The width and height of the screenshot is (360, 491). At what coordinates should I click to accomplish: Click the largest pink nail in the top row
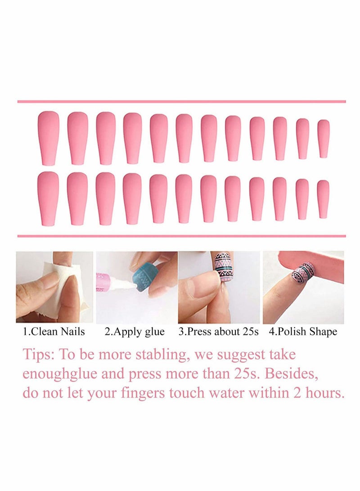[48, 138]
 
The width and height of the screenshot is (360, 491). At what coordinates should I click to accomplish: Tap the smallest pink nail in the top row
[324, 138]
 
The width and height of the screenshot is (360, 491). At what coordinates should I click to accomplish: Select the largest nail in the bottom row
[48, 198]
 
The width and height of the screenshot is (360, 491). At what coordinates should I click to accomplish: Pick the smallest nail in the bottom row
[323, 198]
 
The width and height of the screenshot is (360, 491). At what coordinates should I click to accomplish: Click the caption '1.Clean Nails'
[54, 332]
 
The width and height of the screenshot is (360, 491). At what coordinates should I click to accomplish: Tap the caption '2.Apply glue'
[135, 332]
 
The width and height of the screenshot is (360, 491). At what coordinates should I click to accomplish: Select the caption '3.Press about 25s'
[219, 332]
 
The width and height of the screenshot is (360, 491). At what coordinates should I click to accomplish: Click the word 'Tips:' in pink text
[38, 355]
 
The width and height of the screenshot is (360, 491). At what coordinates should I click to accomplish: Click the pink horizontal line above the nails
[181, 102]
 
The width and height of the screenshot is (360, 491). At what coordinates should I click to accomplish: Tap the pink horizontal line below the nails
[181, 236]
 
